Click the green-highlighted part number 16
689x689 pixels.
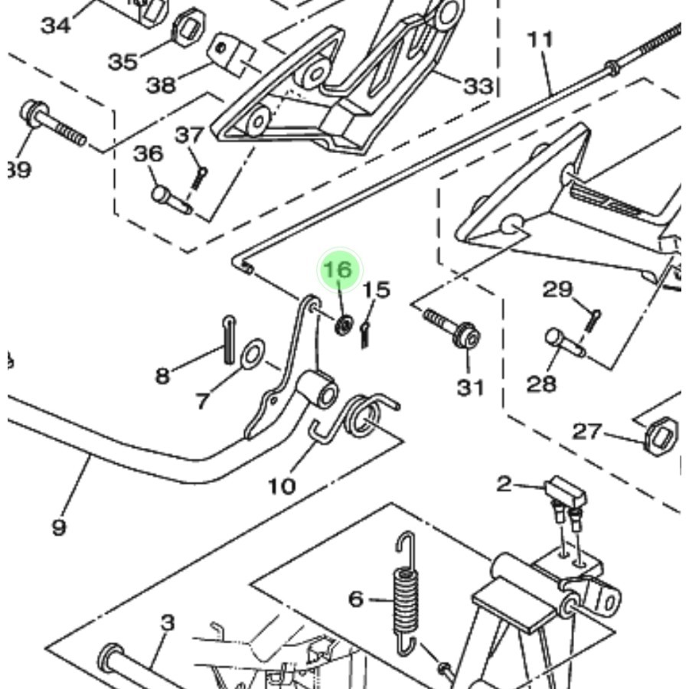[338, 270]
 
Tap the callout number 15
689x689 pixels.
[376, 290]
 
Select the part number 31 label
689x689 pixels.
[470, 387]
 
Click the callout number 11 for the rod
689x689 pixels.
[540, 38]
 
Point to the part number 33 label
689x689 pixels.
[478, 86]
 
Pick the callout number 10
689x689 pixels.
[282, 485]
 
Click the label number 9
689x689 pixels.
[59, 527]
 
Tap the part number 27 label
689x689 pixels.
[587, 432]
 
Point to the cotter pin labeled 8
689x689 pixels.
[229, 340]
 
